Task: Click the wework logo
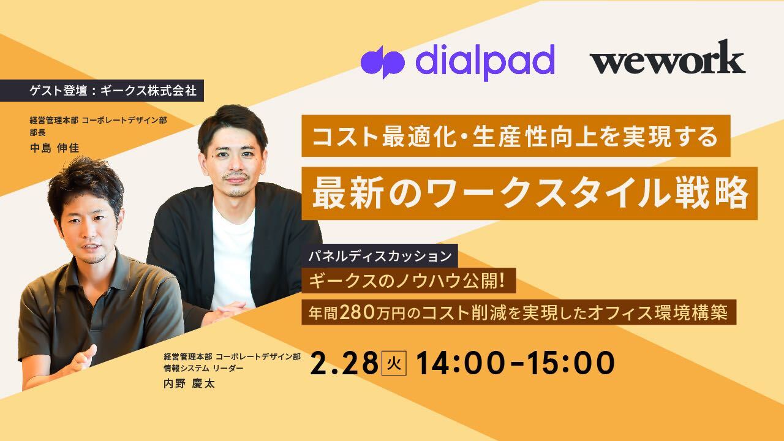[667, 60]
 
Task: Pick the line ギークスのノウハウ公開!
[411, 283]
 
